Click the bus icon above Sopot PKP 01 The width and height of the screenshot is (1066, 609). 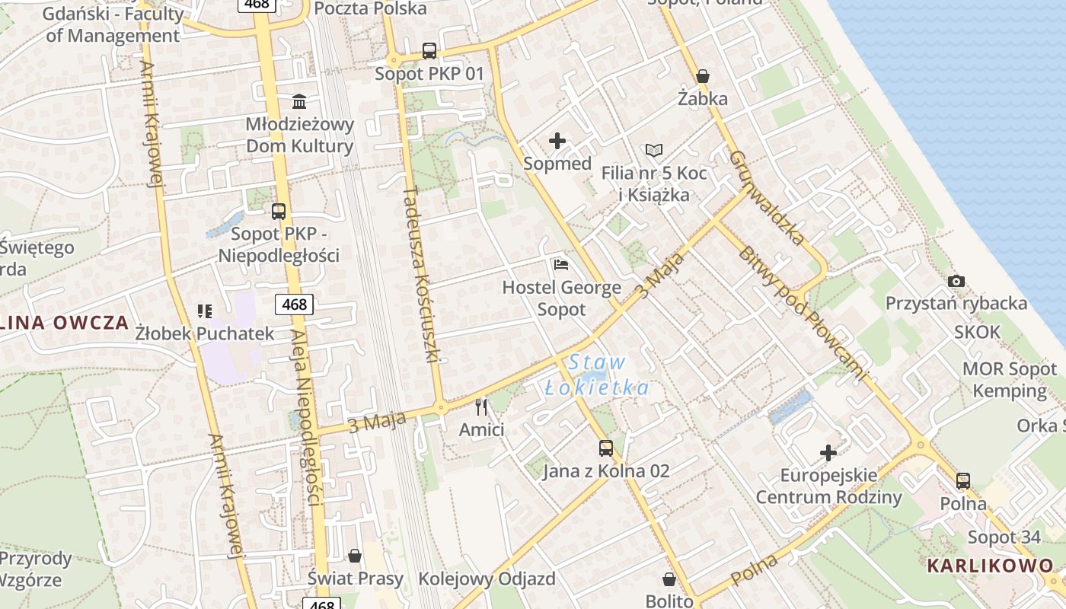pyautogui.click(x=429, y=51)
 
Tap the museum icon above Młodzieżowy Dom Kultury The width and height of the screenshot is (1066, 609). pyautogui.click(x=299, y=101)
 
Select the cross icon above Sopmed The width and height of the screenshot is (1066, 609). pyautogui.click(x=557, y=141)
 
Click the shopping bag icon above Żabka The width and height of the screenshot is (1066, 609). pyautogui.click(x=703, y=76)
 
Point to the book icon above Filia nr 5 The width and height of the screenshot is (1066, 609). pyautogui.click(x=653, y=150)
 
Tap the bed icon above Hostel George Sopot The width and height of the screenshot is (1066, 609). pyautogui.click(x=561, y=265)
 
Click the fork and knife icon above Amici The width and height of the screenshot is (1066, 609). pyautogui.click(x=480, y=407)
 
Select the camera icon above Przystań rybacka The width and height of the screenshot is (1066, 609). pyautogui.click(x=956, y=281)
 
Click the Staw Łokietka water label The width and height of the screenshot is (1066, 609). pyautogui.click(x=597, y=375)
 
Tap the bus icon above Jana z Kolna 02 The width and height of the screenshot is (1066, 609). pyautogui.click(x=606, y=448)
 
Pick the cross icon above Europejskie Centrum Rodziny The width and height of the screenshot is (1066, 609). pyautogui.click(x=828, y=453)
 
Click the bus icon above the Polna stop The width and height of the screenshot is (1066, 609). pyautogui.click(x=963, y=480)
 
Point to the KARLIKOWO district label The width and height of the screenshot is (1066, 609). pyautogui.click(x=990, y=566)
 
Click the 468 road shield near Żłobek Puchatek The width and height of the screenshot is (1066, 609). pyautogui.click(x=294, y=305)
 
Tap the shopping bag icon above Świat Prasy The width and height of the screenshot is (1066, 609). pyautogui.click(x=355, y=556)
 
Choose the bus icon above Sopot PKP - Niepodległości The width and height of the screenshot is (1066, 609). pyautogui.click(x=279, y=212)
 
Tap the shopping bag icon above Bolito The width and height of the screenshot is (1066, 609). pyautogui.click(x=669, y=579)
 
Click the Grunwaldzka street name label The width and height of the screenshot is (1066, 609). pyautogui.click(x=766, y=198)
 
